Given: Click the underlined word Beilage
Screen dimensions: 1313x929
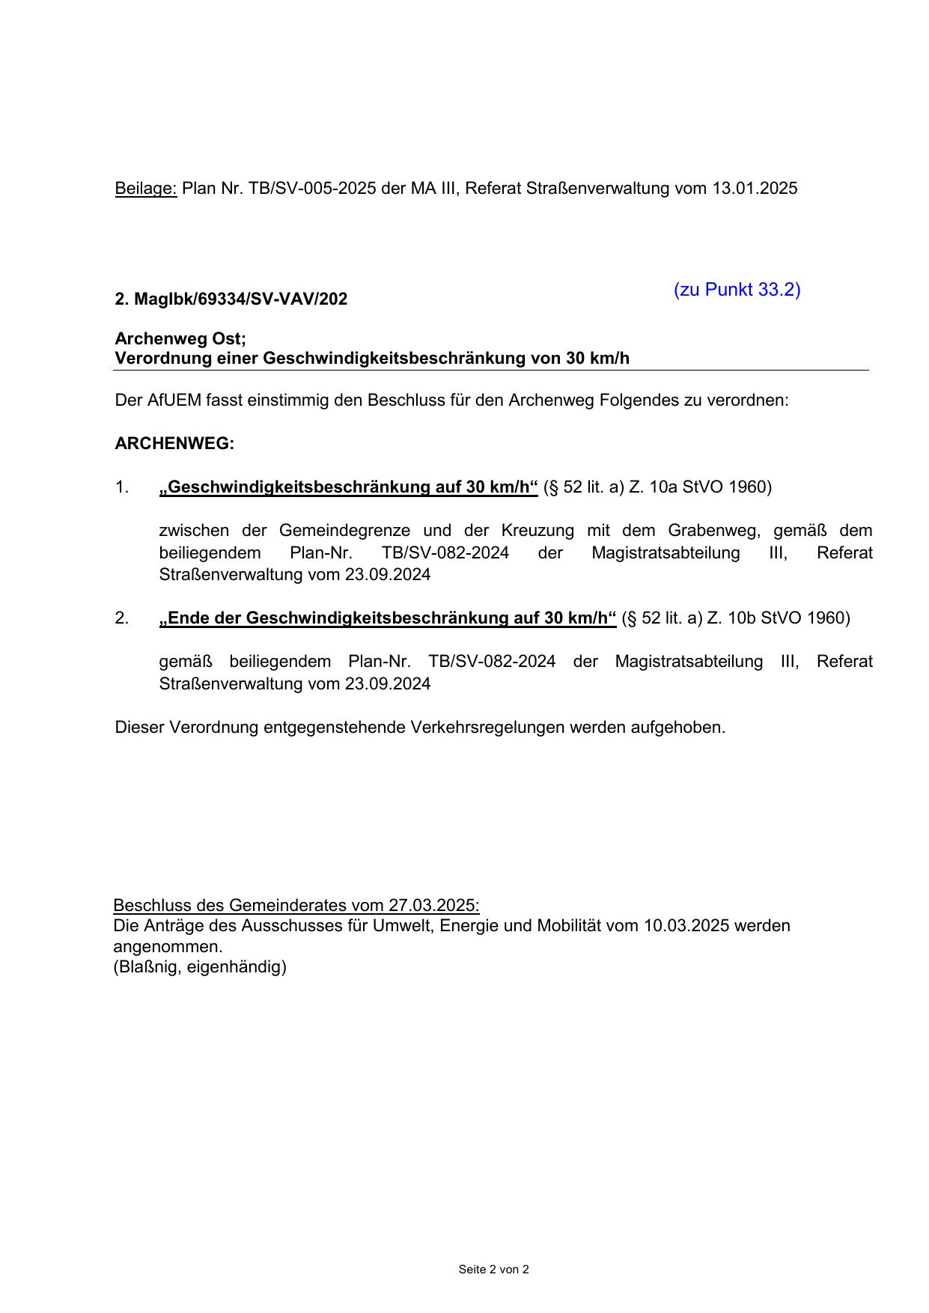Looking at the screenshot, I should click(x=145, y=189).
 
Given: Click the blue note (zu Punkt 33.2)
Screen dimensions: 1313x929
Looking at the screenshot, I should click(x=737, y=290).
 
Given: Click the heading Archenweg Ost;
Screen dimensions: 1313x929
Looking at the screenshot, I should click(x=180, y=338).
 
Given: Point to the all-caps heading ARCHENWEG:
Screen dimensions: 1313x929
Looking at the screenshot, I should click(x=174, y=444).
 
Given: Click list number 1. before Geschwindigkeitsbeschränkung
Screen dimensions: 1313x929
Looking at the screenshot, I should click(x=122, y=487).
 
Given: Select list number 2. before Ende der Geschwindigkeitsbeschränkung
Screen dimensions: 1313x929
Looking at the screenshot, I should click(x=122, y=618).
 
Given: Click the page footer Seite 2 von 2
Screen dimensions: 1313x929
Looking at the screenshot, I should click(x=493, y=1270).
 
